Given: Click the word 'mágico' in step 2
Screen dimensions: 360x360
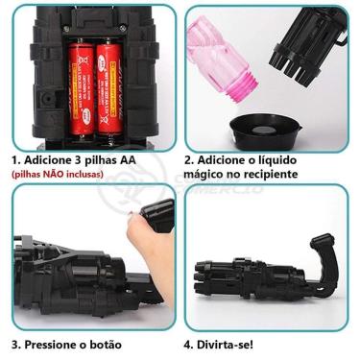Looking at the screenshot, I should click(209, 175).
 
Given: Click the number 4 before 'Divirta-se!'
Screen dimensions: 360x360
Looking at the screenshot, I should click(188, 343).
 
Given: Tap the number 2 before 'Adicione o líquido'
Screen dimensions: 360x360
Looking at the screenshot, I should click(188, 159).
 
